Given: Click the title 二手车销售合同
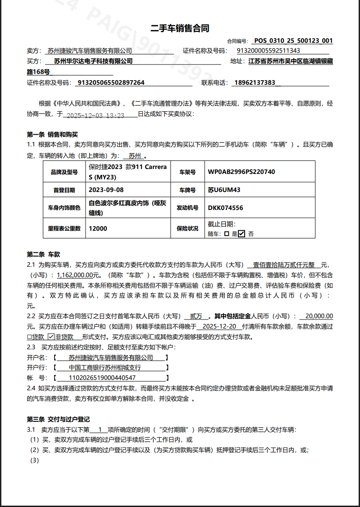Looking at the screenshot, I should [180, 28].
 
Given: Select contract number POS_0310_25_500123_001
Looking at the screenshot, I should [293, 41].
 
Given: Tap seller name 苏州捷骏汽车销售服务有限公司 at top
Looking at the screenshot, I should [90, 50].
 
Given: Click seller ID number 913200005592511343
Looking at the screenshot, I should [269, 50].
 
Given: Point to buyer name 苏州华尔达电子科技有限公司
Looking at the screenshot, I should [93, 61].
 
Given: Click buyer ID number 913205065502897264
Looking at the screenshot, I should [111, 82].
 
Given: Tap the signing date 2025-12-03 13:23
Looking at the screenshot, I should [96, 115].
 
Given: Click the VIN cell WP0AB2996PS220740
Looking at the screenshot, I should [242, 172].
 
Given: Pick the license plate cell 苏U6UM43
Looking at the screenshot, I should [224, 190].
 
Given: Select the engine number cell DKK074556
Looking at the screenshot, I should [226, 208].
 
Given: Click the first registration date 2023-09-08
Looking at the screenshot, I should [106, 190].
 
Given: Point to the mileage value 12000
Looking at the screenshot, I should [98, 228].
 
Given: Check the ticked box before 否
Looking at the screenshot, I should [242, 233].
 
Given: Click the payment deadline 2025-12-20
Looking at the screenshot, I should [219, 326].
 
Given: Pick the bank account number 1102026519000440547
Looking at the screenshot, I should [102, 378].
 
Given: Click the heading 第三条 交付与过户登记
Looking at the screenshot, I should [59, 419].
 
